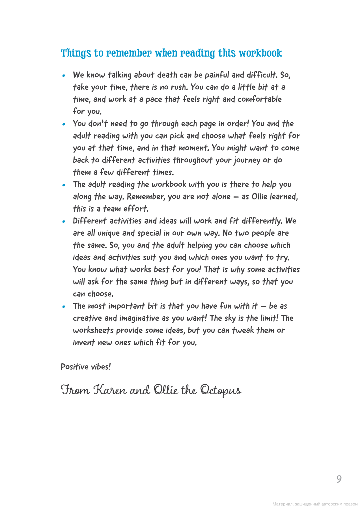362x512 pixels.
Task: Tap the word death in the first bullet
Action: click(167, 75)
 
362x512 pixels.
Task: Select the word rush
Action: click(179, 87)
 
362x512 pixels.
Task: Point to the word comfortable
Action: click(259, 100)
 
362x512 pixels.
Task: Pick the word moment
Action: click(194, 148)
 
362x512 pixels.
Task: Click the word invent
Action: click(84, 343)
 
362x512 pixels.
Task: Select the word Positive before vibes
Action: click(75, 367)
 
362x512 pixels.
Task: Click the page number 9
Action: click(339, 479)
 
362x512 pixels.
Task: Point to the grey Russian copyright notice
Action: click(315, 504)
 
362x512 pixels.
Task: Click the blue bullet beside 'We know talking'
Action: click(64, 76)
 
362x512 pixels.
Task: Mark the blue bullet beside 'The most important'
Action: click(64, 307)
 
